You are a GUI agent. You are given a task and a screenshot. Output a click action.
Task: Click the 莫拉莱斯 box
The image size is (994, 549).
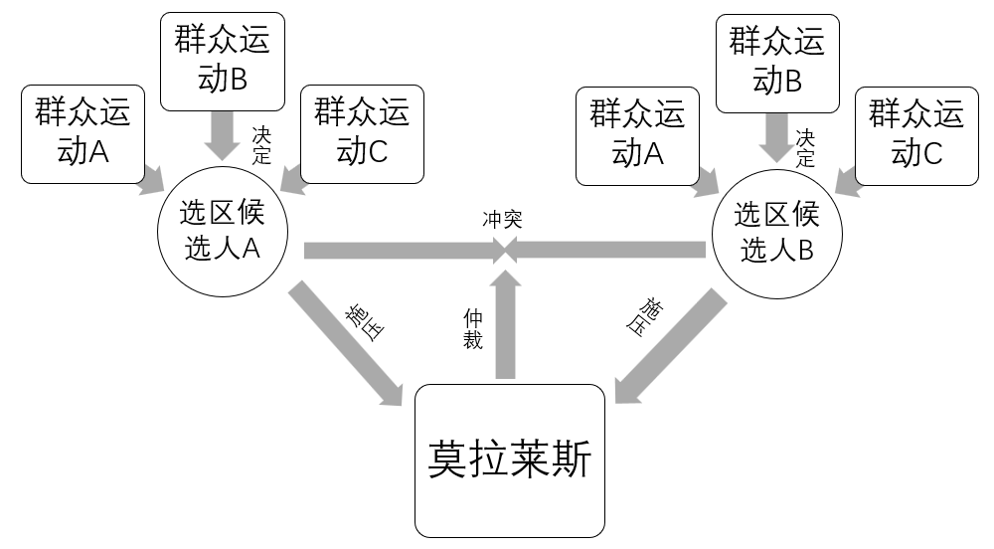[x=509, y=460]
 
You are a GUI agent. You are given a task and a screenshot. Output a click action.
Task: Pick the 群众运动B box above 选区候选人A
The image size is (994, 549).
[x=221, y=63]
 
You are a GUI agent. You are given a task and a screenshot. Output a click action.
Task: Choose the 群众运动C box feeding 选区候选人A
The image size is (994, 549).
[x=362, y=134]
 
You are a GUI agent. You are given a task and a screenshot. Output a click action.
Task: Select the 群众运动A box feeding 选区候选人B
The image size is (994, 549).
[x=637, y=134]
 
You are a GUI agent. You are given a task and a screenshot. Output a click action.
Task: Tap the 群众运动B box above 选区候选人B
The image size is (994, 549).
[x=777, y=63]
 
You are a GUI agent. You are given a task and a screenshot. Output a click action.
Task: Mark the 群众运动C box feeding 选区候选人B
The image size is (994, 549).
[x=916, y=134]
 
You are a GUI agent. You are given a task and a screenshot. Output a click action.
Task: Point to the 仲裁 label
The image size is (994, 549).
[x=473, y=328]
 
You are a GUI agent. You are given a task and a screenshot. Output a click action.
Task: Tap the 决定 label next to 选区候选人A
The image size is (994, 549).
[x=261, y=144]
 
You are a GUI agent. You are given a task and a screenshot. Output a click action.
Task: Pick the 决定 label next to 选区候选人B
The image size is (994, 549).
[x=805, y=146]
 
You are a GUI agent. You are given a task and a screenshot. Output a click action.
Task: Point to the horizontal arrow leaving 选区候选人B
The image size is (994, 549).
[x=611, y=250]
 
